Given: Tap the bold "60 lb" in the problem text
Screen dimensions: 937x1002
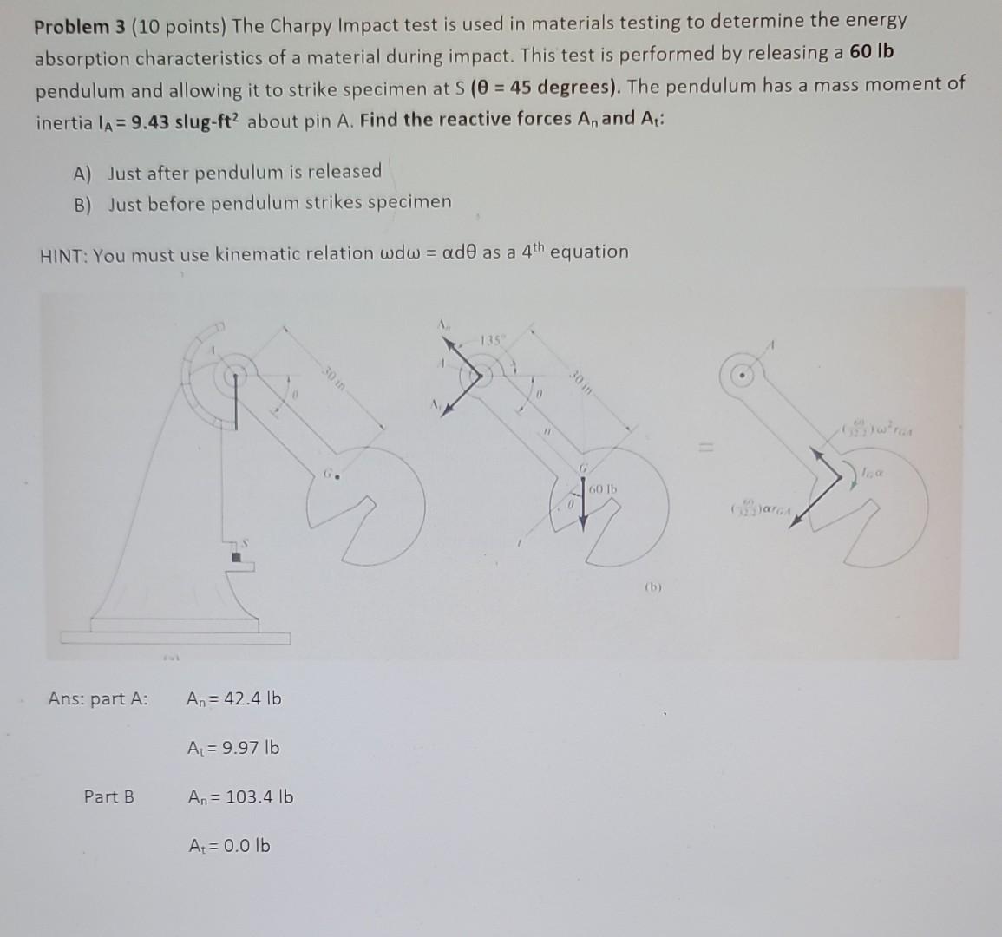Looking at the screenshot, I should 871,52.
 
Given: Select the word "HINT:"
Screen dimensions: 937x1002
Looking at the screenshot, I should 63,256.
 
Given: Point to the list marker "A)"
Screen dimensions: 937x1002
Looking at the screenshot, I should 82,174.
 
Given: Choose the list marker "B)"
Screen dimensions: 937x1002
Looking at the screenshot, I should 83,205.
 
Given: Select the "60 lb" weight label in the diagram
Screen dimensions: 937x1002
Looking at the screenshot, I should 602,490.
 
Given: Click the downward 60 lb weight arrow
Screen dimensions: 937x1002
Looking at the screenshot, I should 583,503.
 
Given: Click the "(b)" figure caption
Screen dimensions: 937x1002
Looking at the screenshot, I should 652,586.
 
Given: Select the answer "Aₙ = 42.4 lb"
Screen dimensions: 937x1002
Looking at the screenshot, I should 233,698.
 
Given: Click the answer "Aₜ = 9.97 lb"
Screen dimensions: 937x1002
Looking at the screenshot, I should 233,747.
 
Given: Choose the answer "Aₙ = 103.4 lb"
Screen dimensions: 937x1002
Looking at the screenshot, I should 240,796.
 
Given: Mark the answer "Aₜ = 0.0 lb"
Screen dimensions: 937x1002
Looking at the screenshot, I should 229,845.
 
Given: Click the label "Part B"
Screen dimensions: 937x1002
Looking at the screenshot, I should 108,796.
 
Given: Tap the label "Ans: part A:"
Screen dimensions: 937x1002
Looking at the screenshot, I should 98,698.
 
